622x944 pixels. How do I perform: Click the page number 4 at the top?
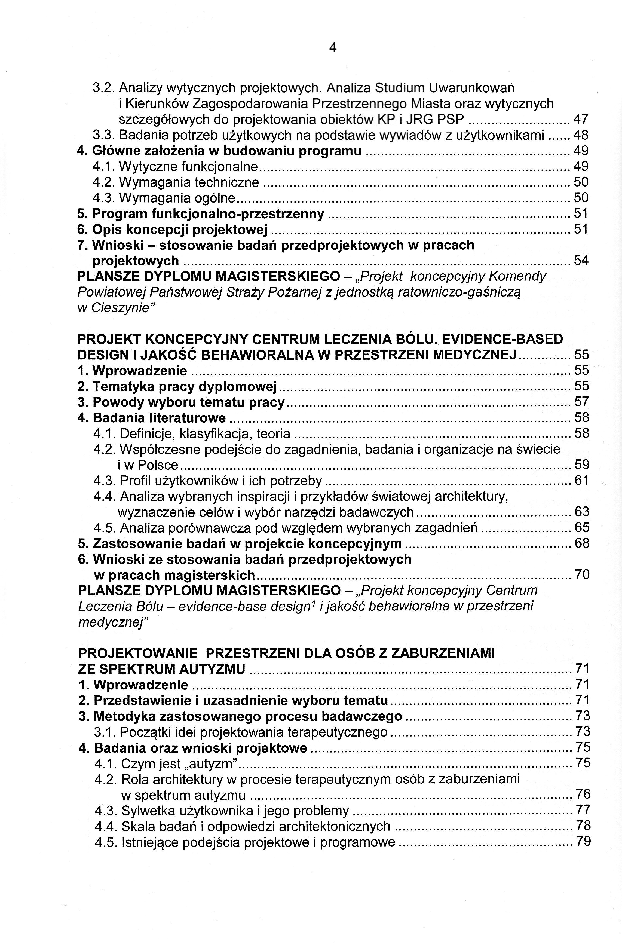click(x=333, y=48)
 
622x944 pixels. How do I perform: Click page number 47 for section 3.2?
click(x=581, y=120)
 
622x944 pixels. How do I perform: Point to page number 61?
click(x=582, y=481)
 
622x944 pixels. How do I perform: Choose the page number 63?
click(x=582, y=512)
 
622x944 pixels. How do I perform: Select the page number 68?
click(x=582, y=543)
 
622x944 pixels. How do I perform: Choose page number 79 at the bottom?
click(x=583, y=842)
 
